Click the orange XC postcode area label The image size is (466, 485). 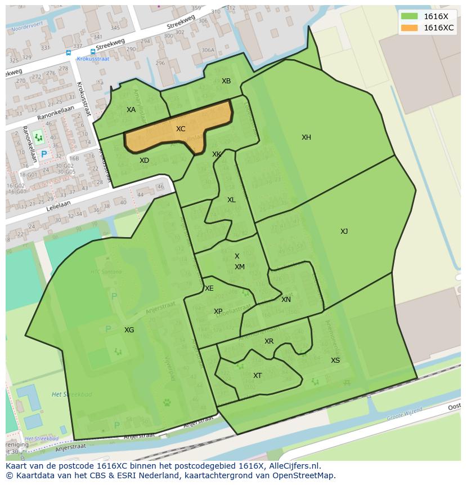181,129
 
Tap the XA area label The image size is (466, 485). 131,110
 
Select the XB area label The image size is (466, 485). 226,81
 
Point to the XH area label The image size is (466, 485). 306,137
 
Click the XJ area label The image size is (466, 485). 344,232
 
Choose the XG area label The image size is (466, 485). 129,330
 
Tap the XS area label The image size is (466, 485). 335,361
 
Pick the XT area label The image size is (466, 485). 257,376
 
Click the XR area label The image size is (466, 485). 269,341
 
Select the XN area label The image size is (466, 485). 286,300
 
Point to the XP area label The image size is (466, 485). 218,312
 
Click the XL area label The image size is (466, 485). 231,200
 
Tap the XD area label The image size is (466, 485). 145,161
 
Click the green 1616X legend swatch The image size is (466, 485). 409,16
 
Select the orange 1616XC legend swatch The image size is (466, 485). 409,28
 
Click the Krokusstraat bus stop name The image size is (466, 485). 92,59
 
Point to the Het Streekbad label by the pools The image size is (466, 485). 64,394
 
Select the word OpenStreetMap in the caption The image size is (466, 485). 303,475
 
